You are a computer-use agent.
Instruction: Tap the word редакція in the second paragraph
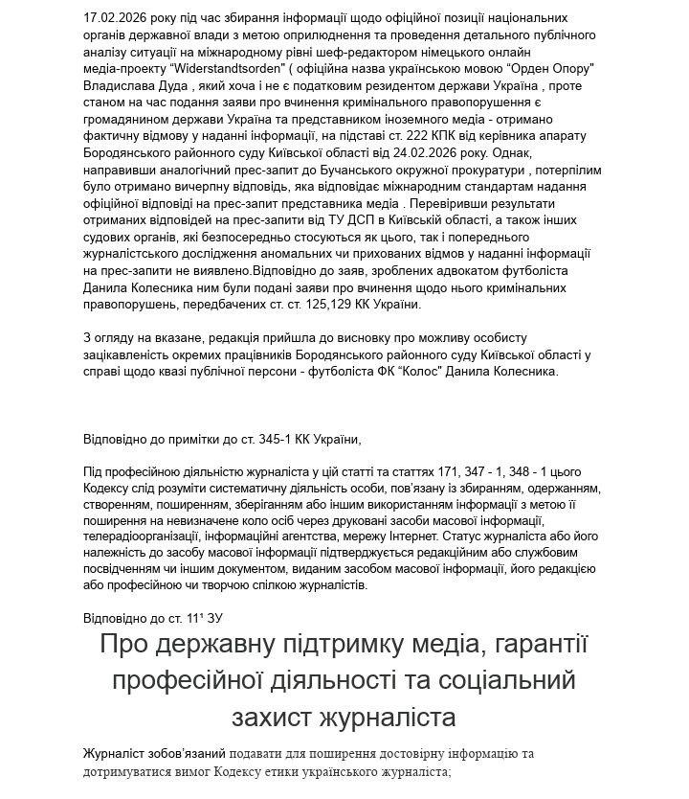[x=239, y=338]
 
